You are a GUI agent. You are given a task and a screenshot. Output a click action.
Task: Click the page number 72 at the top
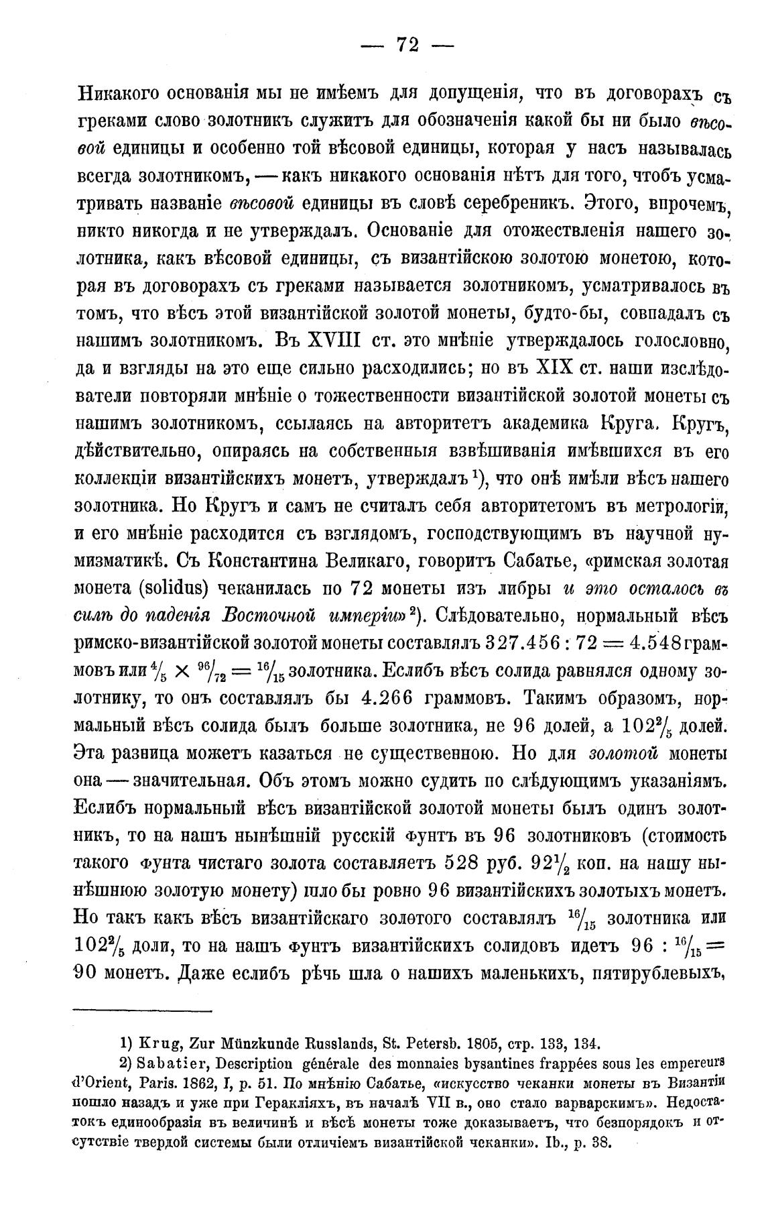[x=407, y=44]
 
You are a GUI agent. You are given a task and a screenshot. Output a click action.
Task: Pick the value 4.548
[x=657, y=641]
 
